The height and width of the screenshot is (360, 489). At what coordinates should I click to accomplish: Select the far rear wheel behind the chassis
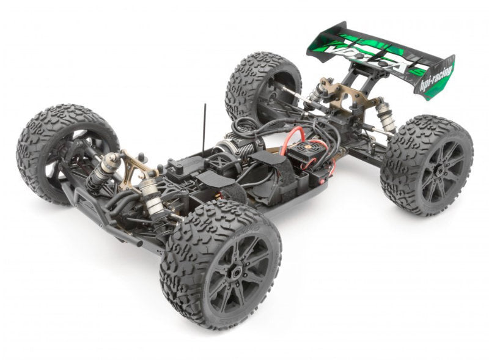pyautogui.click(x=262, y=86)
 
